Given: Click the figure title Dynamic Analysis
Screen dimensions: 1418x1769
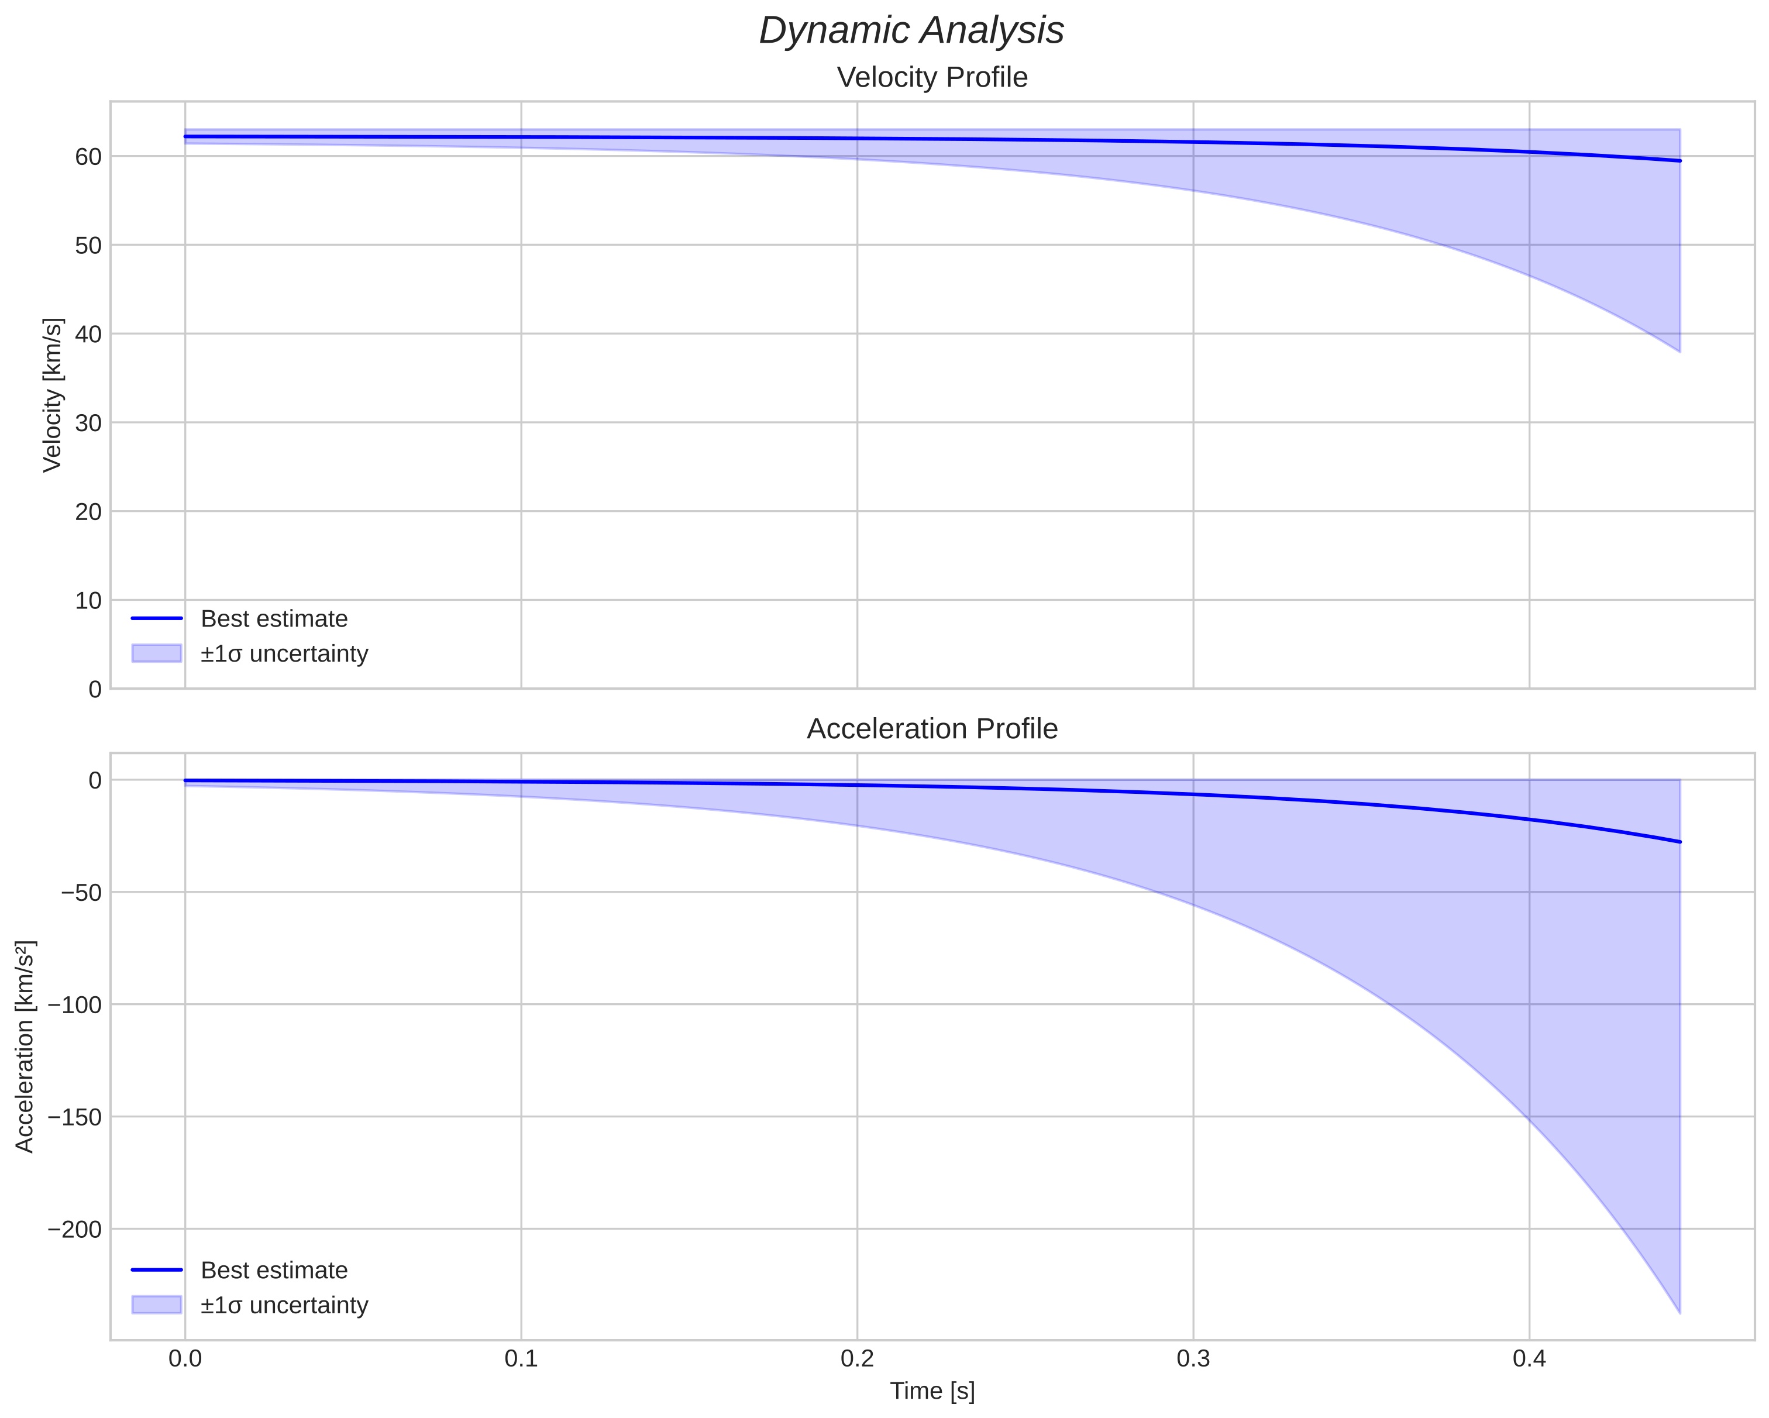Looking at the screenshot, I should [x=911, y=31].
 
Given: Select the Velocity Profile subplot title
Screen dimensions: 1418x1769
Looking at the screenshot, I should [x=931, y=77].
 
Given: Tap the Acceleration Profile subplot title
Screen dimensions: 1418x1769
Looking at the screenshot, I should [x=931, y=729].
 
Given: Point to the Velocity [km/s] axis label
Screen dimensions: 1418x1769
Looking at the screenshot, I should [x=53, y=395].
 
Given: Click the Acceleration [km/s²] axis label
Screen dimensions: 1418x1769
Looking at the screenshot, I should [x=25, y=1047].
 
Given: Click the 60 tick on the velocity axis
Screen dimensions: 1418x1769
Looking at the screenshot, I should [x=88, y=157].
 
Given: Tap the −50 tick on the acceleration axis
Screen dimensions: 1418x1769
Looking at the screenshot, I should [x=81, y=893].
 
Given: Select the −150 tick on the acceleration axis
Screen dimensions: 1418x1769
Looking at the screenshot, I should [x=75, y=1117].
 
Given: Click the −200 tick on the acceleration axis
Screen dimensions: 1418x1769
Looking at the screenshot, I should [x=75, y=1229].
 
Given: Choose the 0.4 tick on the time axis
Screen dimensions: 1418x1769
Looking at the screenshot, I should [x=1529, y=1359].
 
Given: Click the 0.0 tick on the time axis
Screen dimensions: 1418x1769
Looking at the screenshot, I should [x=185, y=1359].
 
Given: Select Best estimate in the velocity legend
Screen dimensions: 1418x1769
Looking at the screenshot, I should [x=273, y=619].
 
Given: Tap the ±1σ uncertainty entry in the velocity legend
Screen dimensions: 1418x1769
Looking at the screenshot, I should [x=284, y=654].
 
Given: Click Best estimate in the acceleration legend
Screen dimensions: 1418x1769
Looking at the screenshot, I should [x=273, y=1271].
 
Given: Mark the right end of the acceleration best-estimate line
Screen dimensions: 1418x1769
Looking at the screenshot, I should [x=1679, y=842].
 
